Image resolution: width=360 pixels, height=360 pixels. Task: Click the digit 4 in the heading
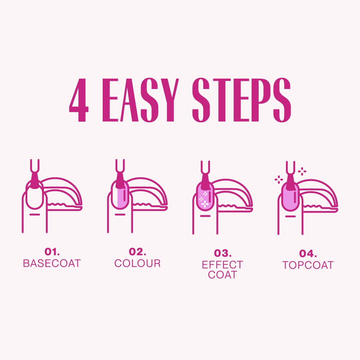click(x=79, y=100)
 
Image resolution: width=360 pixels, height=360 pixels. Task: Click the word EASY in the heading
click(x=140, y=100)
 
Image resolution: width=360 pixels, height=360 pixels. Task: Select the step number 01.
click(x=52, y=252)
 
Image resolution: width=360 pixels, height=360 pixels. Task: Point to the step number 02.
click(x=137, y=252)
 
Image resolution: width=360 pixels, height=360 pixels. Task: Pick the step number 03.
click(x=222, y=253)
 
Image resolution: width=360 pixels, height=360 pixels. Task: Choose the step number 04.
click(x=308, y=254)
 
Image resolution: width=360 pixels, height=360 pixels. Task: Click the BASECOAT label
click(x=52, y=263)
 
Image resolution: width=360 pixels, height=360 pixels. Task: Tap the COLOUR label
click(x=137, y=263)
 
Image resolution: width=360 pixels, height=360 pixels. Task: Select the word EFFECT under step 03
click(x=222, y=265)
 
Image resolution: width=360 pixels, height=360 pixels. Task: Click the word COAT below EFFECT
click(x=222, y=275)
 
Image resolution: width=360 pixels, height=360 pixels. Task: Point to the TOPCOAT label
click(x=308, y=265)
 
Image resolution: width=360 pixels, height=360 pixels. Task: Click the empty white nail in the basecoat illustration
click(x=35, y=198)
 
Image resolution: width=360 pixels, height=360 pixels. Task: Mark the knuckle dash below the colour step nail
click(x=120, y=214)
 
